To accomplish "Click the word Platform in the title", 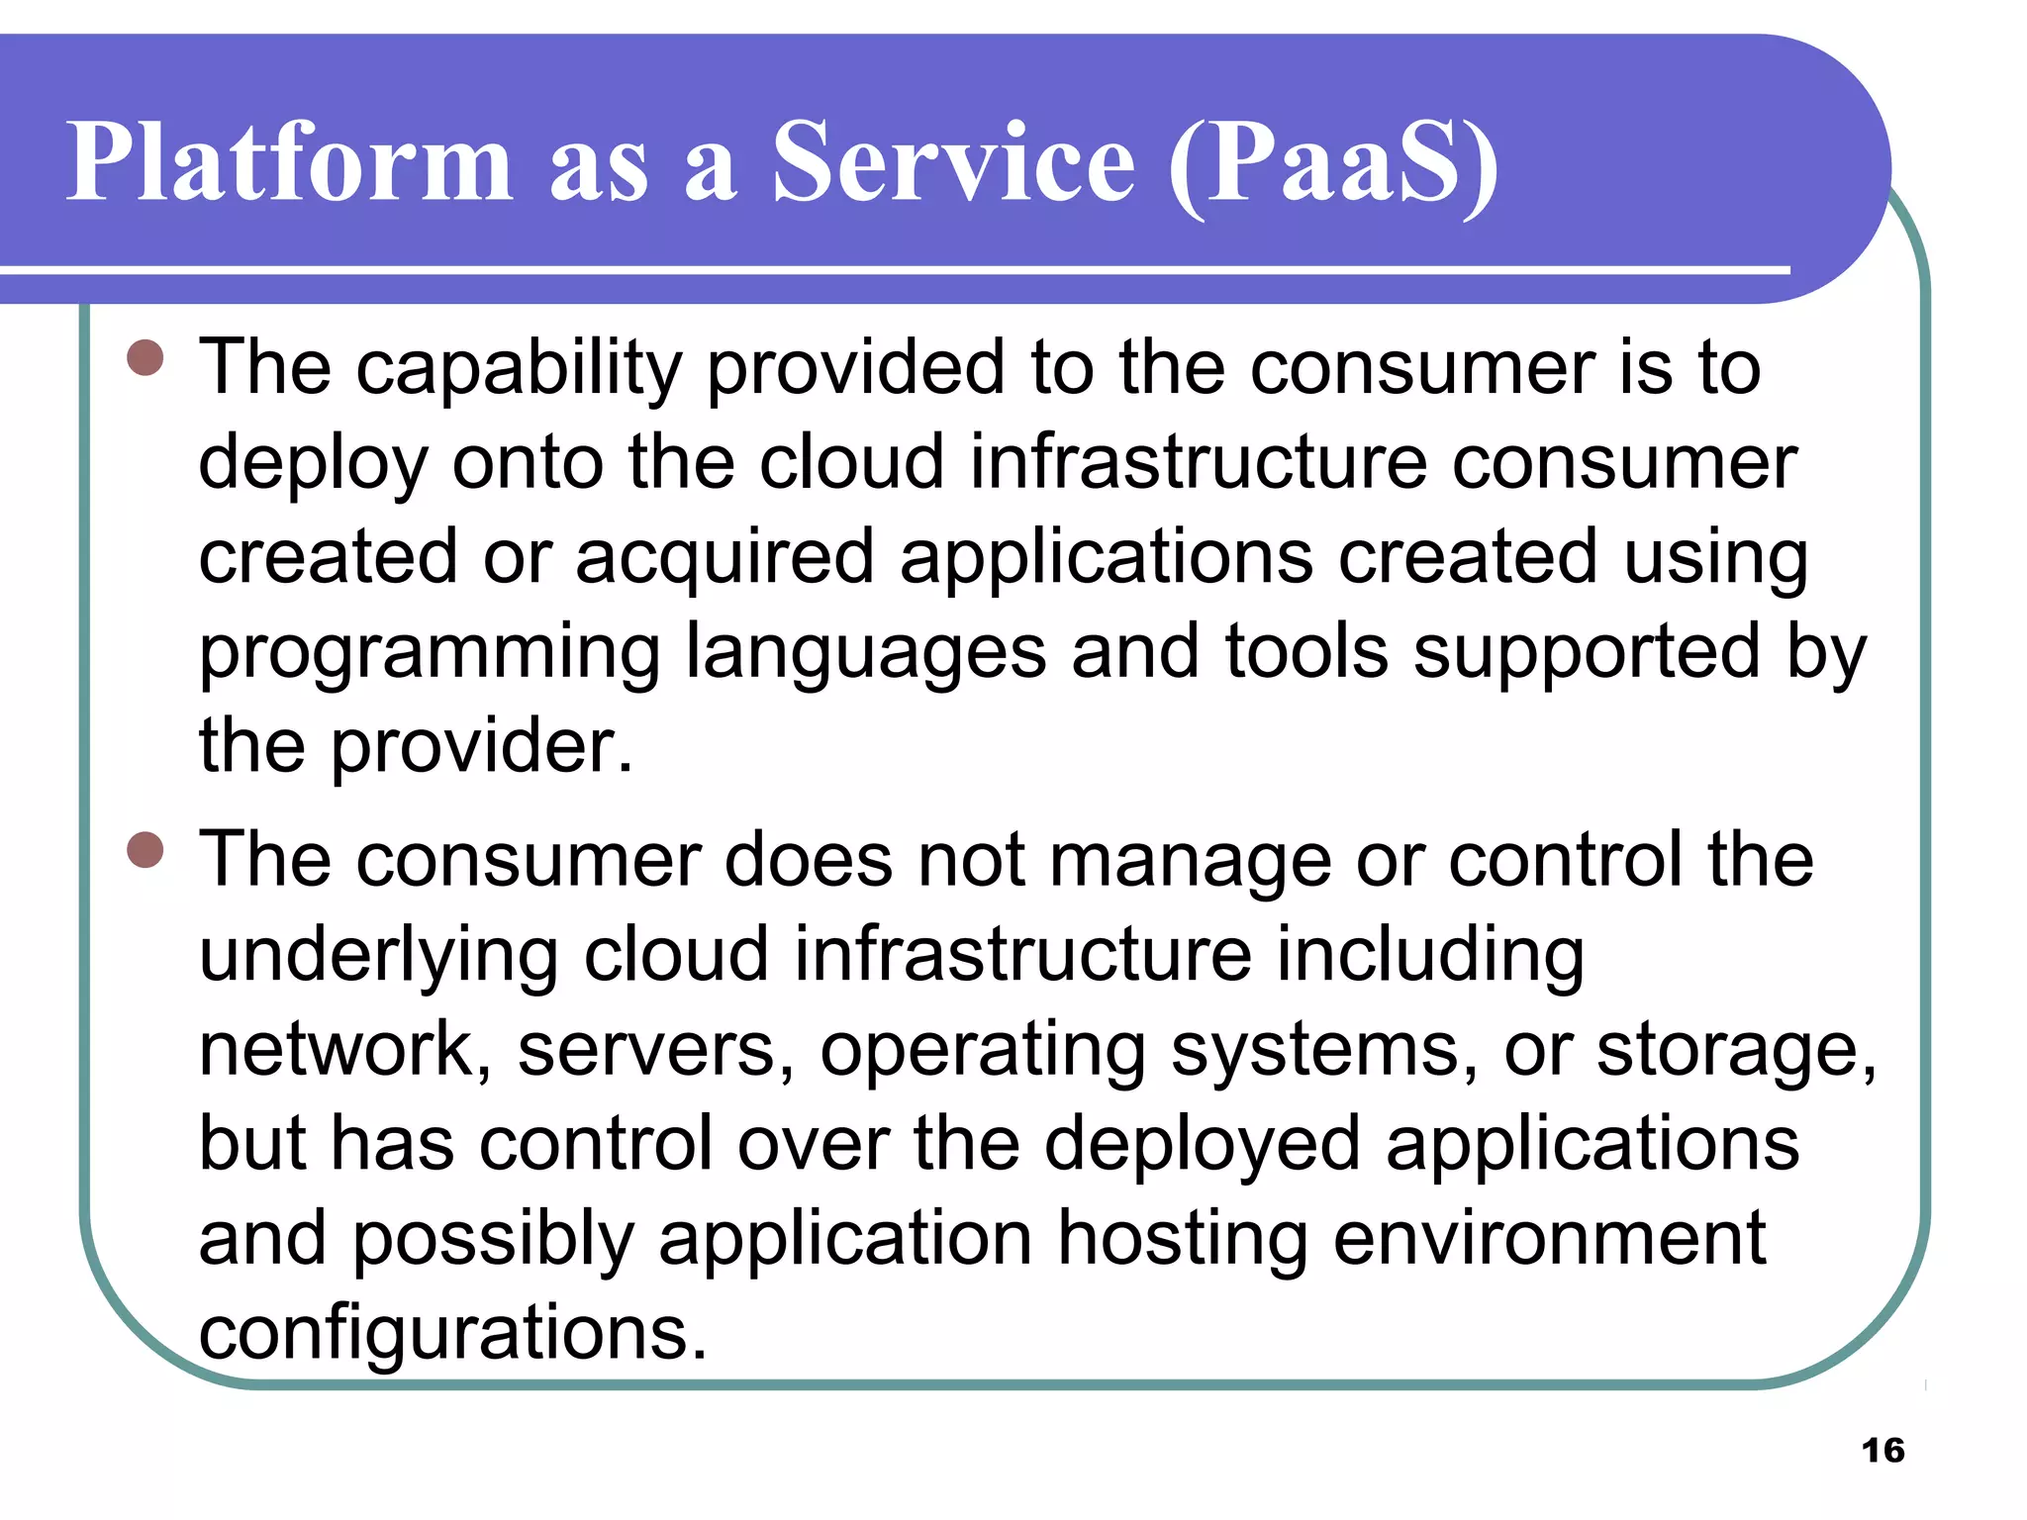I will (289, 161).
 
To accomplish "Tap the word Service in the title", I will (952, 161).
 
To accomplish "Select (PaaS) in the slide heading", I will (1333, 163).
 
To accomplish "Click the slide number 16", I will (1882, 1451).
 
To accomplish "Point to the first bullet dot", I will (145, 358).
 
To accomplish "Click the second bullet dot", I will (145, 849).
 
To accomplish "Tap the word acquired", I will (724, 558).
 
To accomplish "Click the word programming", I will (430, 654).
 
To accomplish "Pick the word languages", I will (866, 654).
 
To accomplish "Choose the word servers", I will (656, 1051).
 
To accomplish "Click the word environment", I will (1549, 1239).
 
